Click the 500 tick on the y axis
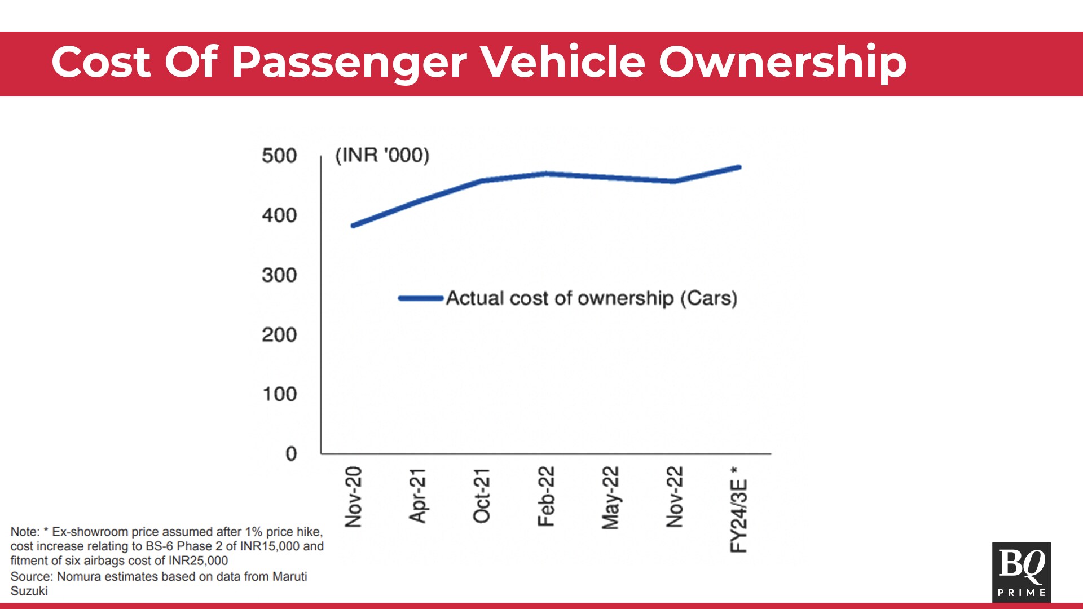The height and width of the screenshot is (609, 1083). pyautogui.click(x=279, y=156)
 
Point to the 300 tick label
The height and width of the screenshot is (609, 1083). pyautogui.click(x=279, y=275)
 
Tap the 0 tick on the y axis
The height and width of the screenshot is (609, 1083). pyautogui.click(x=291, y=454)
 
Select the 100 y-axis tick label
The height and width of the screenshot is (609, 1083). pyautogui.click(x=280, y=394)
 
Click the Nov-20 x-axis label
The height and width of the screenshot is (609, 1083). pyautogui.click(x=354, y=497)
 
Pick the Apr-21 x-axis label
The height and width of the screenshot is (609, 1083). pyautogui.click(x=418, y=496)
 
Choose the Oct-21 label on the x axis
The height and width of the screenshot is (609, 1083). pyautogui.click(x=482, y=496)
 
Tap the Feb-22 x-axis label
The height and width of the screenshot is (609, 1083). pyautogui.click(x=546, y=496)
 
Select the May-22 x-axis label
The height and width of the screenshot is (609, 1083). pyautogui.click(x=610, y=498)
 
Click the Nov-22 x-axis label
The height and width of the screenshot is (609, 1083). pyautogui.click(x=675, y=497)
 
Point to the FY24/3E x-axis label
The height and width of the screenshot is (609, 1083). pyautogui.click(x=739, y=510)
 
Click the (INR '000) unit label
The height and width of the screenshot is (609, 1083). pyautogui.click(x=382, y=155)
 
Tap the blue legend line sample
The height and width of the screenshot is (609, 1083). pyautogui.click(x=421, y=298)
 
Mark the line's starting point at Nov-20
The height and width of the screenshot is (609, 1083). pyautogui.click(x=353, y=226)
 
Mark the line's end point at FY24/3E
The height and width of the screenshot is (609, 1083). pyautogui.click(x=739, y=167)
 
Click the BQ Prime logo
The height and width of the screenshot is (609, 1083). pyautogui.click(x=1021, y=572)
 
